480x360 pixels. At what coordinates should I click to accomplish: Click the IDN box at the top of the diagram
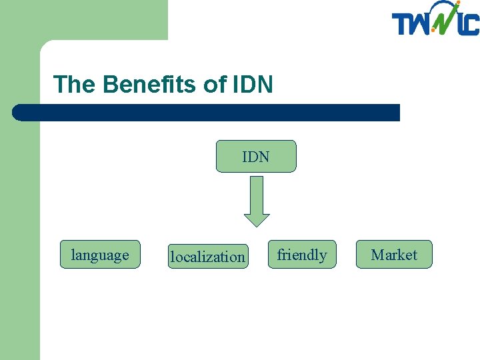(256, 157)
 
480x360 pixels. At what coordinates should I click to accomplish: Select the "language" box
(100, 255)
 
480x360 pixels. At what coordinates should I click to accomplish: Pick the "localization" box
(207, 256)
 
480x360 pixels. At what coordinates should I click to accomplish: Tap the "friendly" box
(302, 255)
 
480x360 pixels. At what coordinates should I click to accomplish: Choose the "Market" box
(394, 255)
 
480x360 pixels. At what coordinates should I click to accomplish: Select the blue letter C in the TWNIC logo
(471, 25)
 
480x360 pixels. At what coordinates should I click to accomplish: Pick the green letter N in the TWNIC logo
(443, 23)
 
